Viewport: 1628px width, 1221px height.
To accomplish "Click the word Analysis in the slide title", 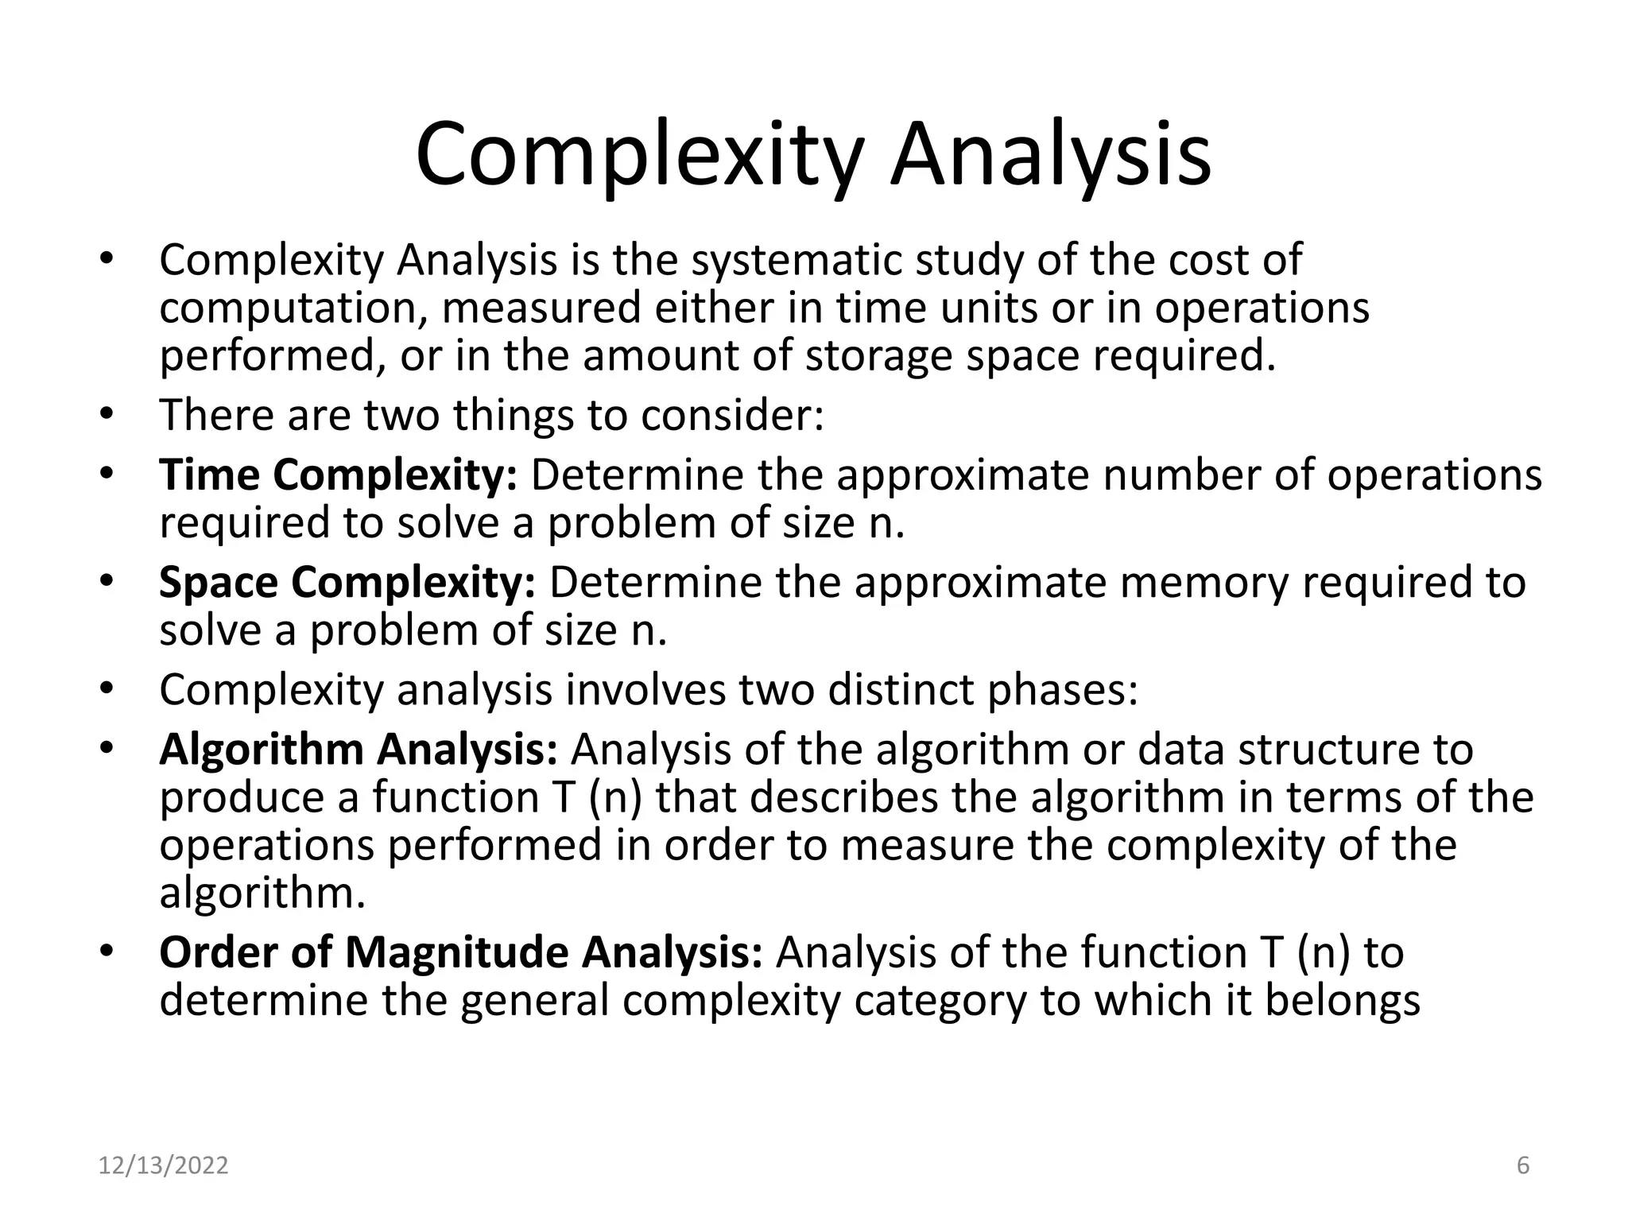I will [x=1050, y=155].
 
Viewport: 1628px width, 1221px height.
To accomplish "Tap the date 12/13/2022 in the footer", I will [x=163, y=1165].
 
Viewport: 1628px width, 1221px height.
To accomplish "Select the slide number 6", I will [x=1523, y=1165].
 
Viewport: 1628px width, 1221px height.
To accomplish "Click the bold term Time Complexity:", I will [x=339, y=475].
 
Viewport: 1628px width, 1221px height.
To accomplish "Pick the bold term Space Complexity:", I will [x=347, y=582].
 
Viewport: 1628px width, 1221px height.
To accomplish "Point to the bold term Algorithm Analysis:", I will [x=359, y=750].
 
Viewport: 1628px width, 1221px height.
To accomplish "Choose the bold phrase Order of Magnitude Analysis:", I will [x=460, y=952].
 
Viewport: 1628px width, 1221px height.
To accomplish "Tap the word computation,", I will [x=293, y=308].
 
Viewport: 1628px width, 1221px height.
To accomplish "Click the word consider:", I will [x=732, y=415].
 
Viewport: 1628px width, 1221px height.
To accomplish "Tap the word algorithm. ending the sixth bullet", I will [x=262, y=893].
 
